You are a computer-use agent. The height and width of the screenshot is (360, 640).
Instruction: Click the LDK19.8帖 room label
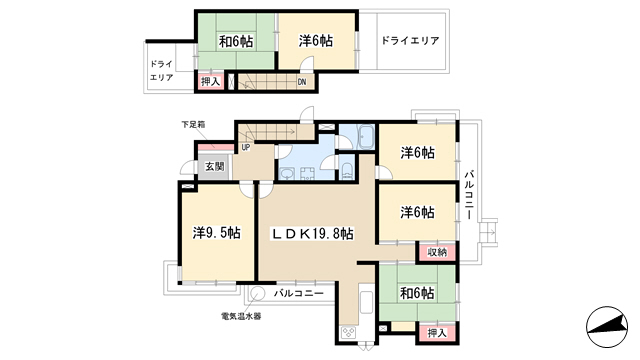pos(313,234)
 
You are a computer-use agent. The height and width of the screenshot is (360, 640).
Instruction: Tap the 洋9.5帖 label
pos(216,233)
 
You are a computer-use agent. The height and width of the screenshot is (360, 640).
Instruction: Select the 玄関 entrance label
pos(215,167)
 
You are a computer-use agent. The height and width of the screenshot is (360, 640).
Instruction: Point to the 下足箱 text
pos(193,124)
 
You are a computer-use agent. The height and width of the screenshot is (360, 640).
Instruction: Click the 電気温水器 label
pos(241,316)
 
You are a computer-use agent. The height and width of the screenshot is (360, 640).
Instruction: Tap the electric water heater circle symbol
pos(258,293)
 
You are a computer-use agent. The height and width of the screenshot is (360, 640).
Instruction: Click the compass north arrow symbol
pos(607,327)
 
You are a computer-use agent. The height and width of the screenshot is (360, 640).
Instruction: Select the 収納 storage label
pos(437,252)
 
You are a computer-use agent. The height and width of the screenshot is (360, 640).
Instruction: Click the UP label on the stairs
pos(246,147)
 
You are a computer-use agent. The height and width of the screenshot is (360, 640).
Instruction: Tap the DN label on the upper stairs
pos(302,82)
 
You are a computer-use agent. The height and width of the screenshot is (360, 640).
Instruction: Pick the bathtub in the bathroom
pos(365,137)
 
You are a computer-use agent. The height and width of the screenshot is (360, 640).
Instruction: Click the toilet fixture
pos(347,171)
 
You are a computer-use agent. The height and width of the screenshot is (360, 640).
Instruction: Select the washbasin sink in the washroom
pos(288,174)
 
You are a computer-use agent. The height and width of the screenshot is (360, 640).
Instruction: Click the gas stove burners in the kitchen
pos(348,332)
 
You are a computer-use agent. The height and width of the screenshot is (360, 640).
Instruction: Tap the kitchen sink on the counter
pos(367,302)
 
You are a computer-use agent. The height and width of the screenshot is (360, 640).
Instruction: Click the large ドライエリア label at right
pos(410,41)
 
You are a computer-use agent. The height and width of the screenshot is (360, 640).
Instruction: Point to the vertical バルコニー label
pos(469,195)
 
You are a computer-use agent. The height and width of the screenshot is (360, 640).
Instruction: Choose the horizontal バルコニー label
pos(299,293)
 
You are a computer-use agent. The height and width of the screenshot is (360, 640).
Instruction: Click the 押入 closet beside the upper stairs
pos(210,81)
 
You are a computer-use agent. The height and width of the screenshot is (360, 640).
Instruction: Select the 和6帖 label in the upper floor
pos(236,41)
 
